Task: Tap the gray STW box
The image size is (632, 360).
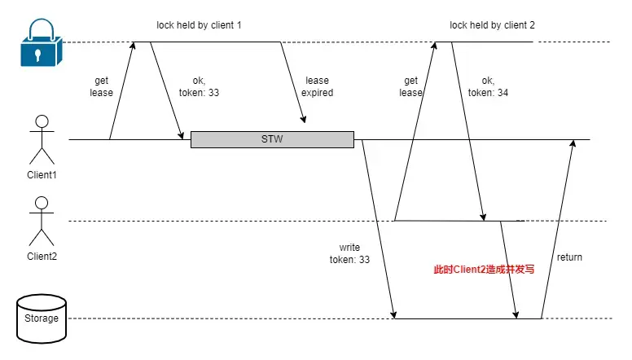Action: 272,139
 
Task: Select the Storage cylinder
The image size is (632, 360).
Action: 42,318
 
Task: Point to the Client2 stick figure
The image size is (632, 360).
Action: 41,222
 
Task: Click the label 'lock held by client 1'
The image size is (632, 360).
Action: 200,25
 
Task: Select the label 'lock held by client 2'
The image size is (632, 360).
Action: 493,25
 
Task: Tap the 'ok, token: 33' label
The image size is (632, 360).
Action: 200,86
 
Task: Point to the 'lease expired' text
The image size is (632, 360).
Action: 318,86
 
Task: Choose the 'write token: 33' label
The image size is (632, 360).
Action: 350,252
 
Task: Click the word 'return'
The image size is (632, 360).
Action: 569,257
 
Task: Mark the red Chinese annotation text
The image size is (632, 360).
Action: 484,268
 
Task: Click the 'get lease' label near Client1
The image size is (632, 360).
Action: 102,86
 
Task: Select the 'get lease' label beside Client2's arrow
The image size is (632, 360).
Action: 410,86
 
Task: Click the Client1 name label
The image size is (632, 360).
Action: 41,175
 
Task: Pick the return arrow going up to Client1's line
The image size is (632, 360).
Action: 559,228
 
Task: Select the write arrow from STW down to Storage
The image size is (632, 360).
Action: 378,228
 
